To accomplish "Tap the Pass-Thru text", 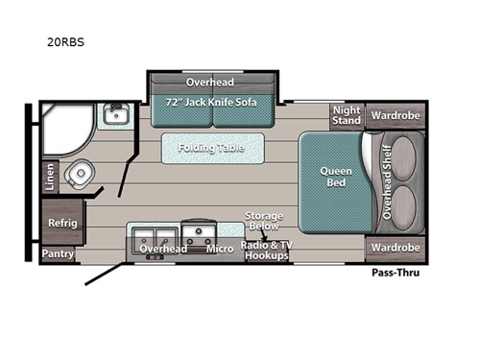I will click(x=396, y=272).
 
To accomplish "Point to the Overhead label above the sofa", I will click(x=210, y=83).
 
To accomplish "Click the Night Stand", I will click(x=347, y=115).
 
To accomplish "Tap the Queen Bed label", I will click(x=335, y=178).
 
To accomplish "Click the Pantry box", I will click(x=58, y=254).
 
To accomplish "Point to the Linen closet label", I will click(x=50, y=176).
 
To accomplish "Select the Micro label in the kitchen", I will click(x=221, y=249).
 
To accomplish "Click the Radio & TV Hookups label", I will click(x=264, y=251).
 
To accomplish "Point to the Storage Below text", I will click(x=263, y=222).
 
